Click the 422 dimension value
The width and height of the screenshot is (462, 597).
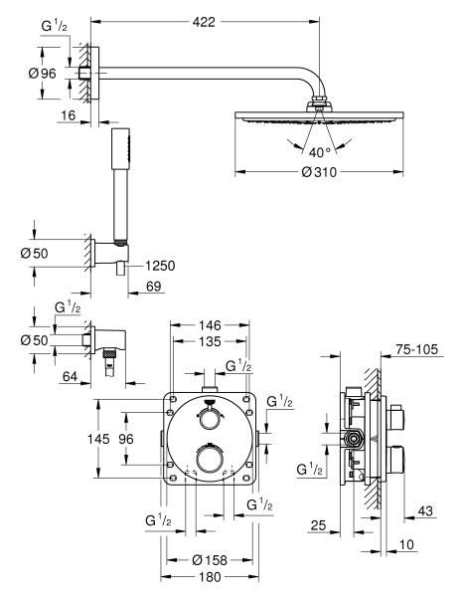[204, 22]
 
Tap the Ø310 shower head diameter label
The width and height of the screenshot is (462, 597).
[319, 172]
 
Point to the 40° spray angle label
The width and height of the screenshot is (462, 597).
[320, 152]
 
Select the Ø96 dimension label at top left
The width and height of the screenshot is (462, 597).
[42, 73]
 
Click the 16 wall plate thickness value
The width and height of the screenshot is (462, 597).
[69, 115]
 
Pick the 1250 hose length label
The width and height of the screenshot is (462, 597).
[160, 266]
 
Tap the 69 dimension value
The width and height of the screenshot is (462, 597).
[154, 286]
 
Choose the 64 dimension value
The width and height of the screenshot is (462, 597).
[70, 376]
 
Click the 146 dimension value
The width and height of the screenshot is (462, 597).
[210, 325]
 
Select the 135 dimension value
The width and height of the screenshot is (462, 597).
[210, 341]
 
